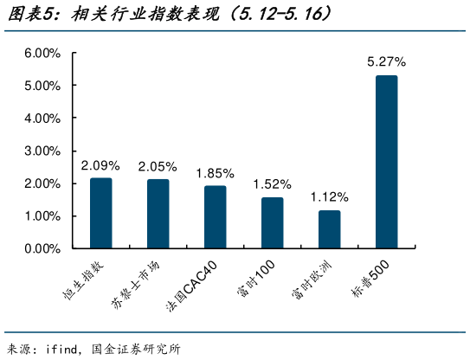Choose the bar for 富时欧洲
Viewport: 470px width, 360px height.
click(329, 229)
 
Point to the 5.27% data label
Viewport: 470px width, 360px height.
click(386, 62)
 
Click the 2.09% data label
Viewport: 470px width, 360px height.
click(100, 164)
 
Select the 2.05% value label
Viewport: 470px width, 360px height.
click(158, 166)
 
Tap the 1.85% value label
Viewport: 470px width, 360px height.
click(215, 172)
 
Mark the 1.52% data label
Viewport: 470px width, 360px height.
click(272, 183)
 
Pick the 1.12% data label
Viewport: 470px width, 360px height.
click(329, 196)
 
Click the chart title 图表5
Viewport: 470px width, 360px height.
click(26, 15)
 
